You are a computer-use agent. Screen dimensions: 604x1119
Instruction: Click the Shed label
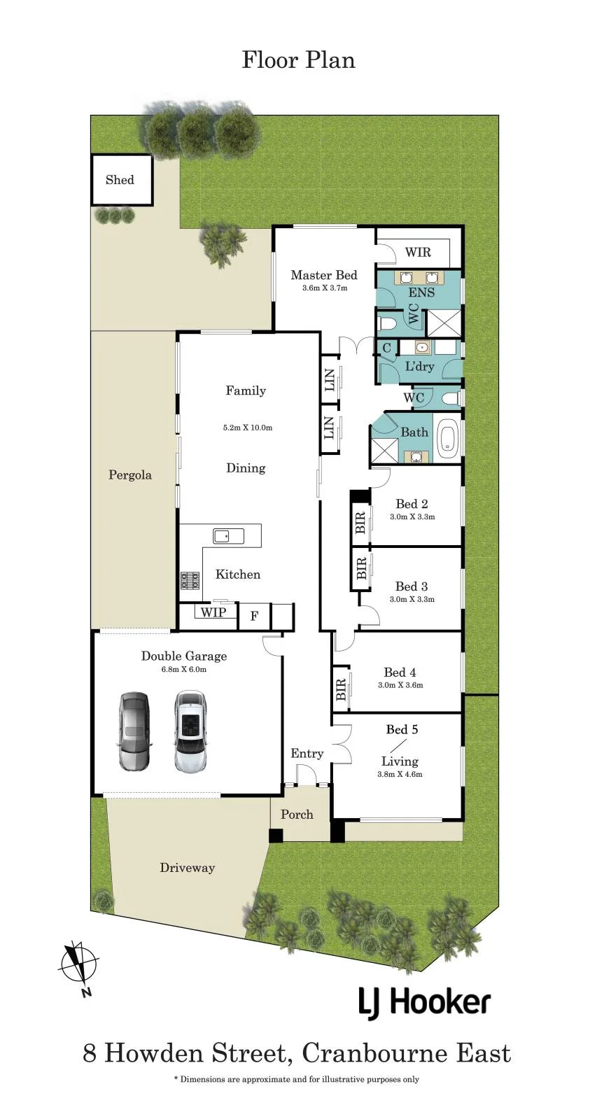point(120,180)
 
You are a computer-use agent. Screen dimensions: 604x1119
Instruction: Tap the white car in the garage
point(190,732)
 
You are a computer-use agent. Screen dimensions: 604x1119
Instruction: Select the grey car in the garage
point(134,731)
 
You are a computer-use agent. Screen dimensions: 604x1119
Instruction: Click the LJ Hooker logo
point(424,1003)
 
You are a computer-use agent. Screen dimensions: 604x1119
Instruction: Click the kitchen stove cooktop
point(190,580)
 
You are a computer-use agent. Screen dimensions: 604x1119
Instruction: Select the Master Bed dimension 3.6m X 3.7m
point(324,288)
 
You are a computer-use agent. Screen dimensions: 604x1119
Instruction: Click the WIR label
point(418,252)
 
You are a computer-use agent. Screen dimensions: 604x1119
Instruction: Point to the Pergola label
point(130,474)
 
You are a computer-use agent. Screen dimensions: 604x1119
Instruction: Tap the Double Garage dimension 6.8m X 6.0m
point(184,669)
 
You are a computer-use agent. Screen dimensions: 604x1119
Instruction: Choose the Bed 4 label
point(400,673)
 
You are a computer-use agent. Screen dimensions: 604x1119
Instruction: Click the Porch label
point(297,815)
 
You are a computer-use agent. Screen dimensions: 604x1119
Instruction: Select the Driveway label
point(188,868)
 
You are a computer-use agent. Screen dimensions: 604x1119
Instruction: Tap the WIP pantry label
point(213,612)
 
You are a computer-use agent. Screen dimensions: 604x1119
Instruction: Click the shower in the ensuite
point(444,323)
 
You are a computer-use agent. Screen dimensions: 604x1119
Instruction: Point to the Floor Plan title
point(298,60)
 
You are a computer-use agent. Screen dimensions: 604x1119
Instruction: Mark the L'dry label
point(419,366)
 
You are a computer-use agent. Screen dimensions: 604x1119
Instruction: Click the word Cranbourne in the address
point(374,1053)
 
